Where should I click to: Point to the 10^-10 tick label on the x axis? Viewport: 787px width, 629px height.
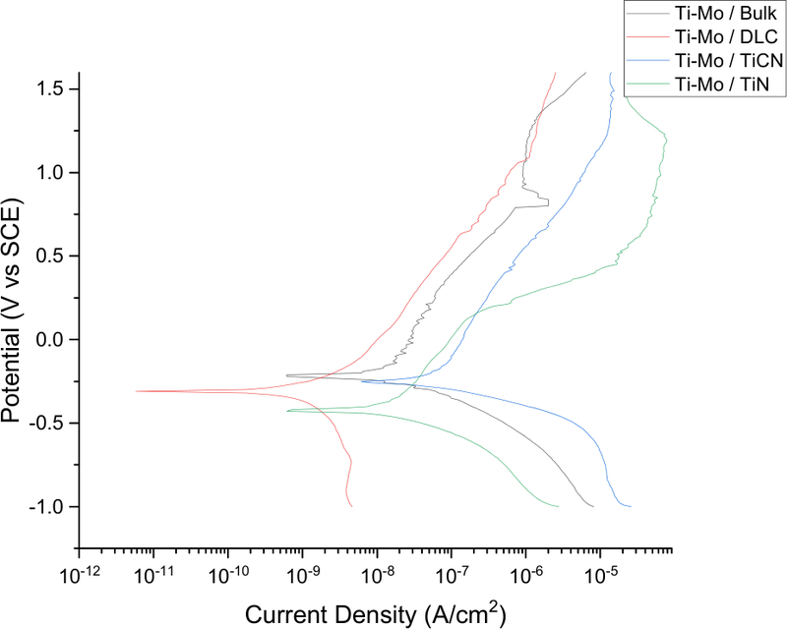click(x=228, y=572)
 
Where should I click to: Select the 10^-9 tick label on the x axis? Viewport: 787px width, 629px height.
click(x=304, y=572)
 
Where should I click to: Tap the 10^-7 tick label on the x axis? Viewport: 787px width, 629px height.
click(x=452, y=572)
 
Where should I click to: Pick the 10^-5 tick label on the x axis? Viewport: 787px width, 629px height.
click(x=600, y=572)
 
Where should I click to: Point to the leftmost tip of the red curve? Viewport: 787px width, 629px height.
click(x=136, y=391)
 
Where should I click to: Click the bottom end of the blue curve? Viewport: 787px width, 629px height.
click(x=631, y=506)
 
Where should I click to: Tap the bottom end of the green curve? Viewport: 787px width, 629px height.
click(x=558, y=506)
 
